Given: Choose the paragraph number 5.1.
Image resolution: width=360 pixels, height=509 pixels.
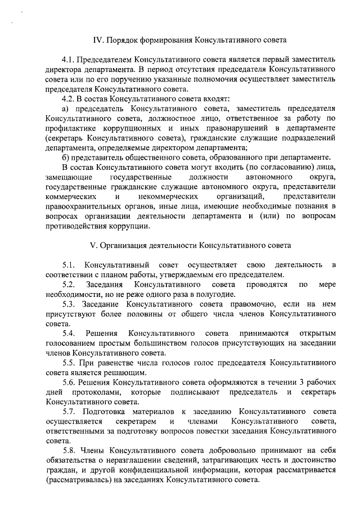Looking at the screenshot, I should click(x=69, y=265).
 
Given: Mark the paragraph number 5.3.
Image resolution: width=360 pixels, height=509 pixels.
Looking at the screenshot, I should click(x=69, y=304).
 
